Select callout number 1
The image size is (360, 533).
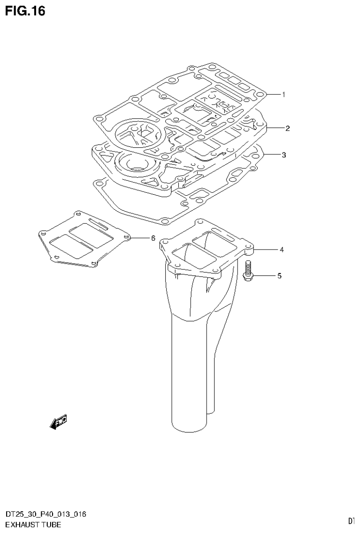pyautogui.click(x=283, y=94)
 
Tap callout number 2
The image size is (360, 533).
pyautogui.click(x=287, y=128)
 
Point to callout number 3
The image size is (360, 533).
pyautogui.click(x=283, y=155)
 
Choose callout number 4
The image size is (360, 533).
pyautogui.click(x=282, y=250)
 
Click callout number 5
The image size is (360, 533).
pyautogui.click(x=279, y=276)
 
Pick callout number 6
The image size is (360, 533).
pyautogui.click(x=153, y=238)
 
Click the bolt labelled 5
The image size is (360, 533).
pyautogui.click(x=248, y=271)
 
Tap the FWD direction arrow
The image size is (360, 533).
pyautogui.click(x=58, y=422)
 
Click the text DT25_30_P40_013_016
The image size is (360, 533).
pyautogui.click(x=45, y=515)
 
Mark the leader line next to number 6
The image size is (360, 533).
pyautogui.click(x=139, y=238)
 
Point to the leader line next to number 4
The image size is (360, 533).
pyautogui.click(x=266, y=250)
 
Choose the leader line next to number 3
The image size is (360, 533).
pyautogui.click(x=272, y=155)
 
